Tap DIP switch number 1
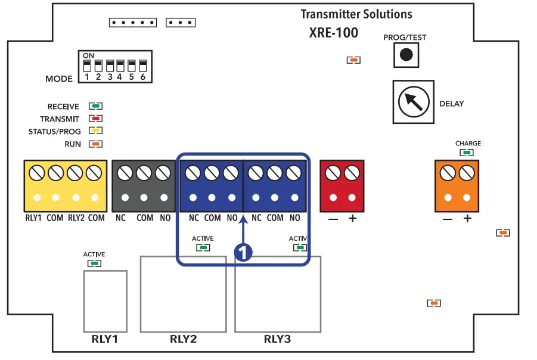[87, 66]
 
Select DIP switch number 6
[142, 66]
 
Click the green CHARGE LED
[467, 153]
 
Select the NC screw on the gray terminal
[125, 173]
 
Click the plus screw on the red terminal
[352, 173]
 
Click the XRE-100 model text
[334, 33]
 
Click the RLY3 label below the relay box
[277, 340]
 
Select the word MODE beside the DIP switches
[59, 79]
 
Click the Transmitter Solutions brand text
[356, 14]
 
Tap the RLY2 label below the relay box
[183, 340]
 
